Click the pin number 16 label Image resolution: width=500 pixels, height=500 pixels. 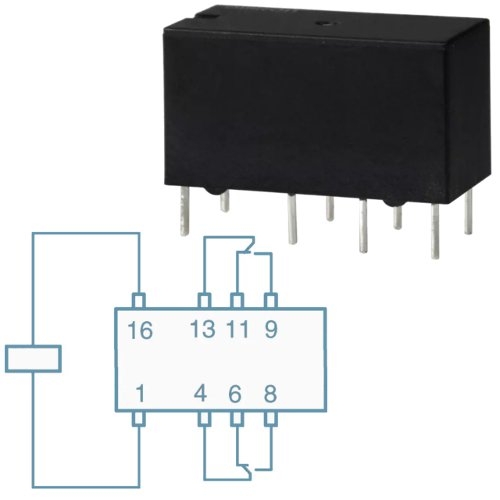pos(140,330)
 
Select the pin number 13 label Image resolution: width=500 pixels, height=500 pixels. pos(203,329)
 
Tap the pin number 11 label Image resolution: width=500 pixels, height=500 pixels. pos(237,329)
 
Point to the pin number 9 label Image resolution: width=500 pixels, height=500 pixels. pos(271,329)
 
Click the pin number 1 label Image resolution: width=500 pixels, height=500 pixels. pos(141,394)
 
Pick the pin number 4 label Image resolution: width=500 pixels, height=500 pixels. pos(200,394)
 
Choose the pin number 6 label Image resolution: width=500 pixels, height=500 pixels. pos(235,394)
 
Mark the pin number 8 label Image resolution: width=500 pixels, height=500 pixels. pos(270,394)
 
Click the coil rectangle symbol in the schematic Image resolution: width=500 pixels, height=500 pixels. pos(33,359)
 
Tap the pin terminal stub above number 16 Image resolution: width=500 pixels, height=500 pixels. pos(139,300)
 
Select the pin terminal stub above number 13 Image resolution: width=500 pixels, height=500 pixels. pos(204,300)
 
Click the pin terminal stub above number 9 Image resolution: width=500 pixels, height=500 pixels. pos(271,300)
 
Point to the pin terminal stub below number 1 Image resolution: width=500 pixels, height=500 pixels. pos(139,419)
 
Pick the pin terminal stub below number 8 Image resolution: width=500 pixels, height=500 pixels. pos(271,419)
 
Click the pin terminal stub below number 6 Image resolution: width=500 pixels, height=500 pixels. pos(237,419)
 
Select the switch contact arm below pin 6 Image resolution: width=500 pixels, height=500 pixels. pos(247,471)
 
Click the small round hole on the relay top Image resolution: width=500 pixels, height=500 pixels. pos(322,24)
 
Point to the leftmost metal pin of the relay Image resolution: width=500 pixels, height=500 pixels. pos(184,211)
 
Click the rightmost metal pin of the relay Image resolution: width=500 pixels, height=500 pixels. pos(468,213)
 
